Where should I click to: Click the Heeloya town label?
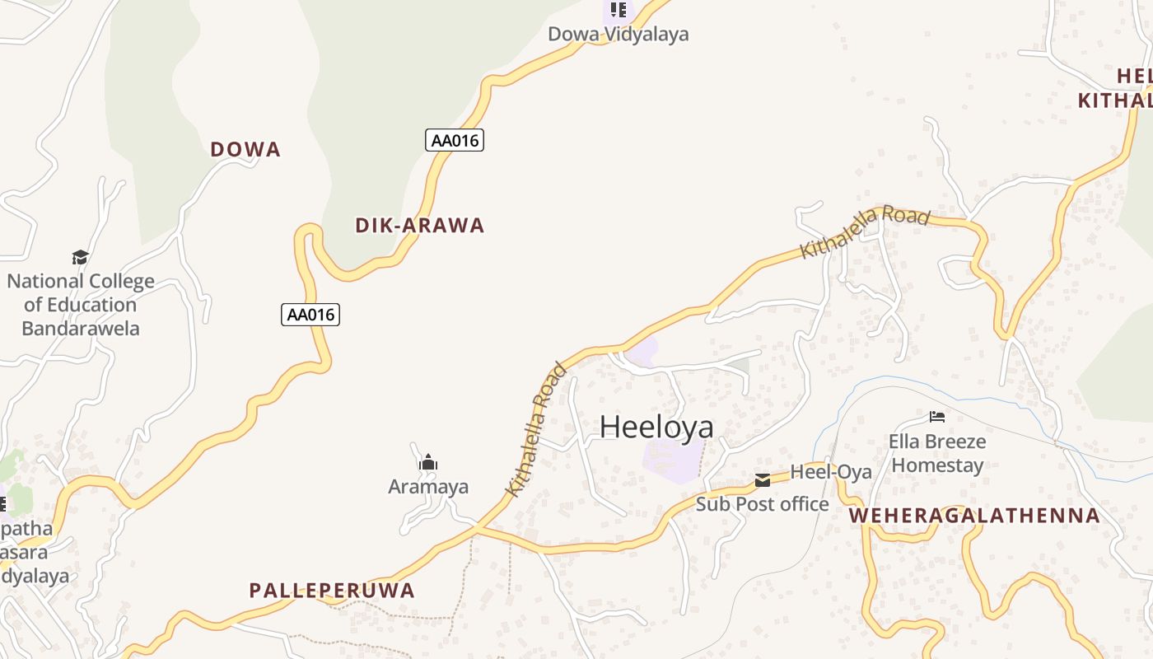pyautogui.click(x=656, y=427)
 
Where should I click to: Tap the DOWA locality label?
pyautogui.click(x=245, y=149)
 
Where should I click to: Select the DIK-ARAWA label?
pyautogui.click(x=419, y=225)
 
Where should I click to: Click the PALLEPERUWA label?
pyautogui.click(x=332, y=590)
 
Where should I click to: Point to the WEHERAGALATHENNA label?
pyautogui.click(x=974, y=516)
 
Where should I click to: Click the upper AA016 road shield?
pyautogui.click(x=455, y=140)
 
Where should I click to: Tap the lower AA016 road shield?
pyautogui.click(x=310, y=314)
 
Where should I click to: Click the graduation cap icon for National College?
pyautogui.click(x=80, y=258)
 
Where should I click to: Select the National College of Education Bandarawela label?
pyautogui.click(x=81, y=305)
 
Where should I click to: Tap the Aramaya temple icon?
pyautogui.click(x=427, y=463)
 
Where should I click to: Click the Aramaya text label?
pyautogui.click(x=428, y=487)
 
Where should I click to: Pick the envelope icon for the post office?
pyautogui.click(x=763, y=479)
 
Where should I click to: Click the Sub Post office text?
pyautogui.click(x=762, y=504)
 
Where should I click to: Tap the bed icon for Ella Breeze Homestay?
pyautogui.click(x=937, y=417)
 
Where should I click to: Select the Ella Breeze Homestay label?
pyautogui.click(x=937, y=453)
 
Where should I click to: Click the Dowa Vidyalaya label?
pyautogui.click(x=619, y=34)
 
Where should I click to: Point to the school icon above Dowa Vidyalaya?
pyautogui.click(x=619, y=10)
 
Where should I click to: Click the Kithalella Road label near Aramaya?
pyautogui.click(x=536, y=430)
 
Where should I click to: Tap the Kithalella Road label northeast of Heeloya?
pyautogui.click(x=865, y=231)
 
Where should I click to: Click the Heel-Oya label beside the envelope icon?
pyautogui.click(x=831, y=472)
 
